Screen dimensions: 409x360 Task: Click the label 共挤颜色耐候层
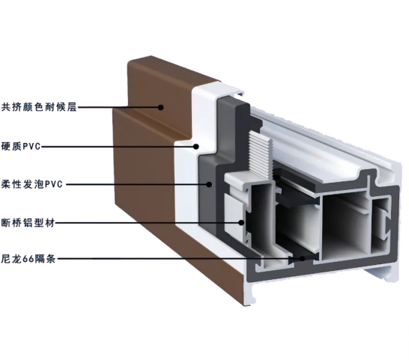(x=39, y=107)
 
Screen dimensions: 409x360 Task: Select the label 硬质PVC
(x=21, y=146)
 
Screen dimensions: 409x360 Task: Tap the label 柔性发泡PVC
(x=31, y=184)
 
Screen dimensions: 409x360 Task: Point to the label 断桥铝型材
(x=28, y=222)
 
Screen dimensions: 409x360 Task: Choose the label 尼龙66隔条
(x=28, y=259)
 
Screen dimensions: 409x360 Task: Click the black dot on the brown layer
(x=161, y=107)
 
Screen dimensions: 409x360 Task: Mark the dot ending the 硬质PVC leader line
(x=196, y=147)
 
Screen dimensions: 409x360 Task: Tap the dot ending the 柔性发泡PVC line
(x=209, y=184)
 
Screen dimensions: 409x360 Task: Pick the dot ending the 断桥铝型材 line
(x=242, y=222)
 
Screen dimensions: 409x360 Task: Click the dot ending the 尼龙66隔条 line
(x=303, y=259)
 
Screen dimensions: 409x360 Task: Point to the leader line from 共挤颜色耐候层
(x=118, y=107)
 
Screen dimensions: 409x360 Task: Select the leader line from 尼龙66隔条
(x=178, y=259)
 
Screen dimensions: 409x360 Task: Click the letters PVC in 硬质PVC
(x=32, y=147)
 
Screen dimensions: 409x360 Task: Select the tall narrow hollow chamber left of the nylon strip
(x=261, y=216)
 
